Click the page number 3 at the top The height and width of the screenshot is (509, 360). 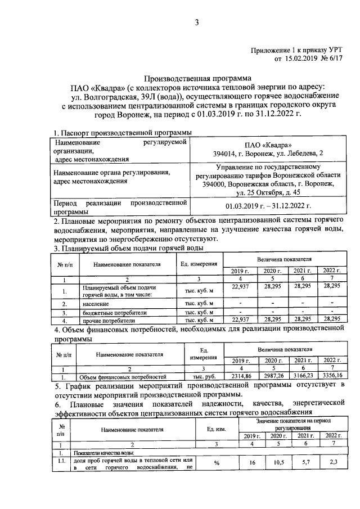[197, 22]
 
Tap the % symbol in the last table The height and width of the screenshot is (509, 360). [215, 463]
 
